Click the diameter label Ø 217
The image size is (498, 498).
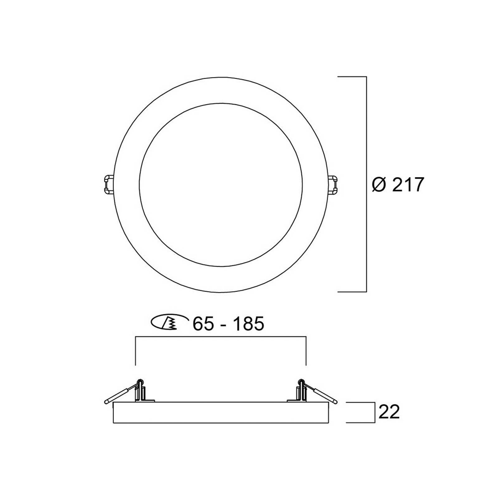click(x=398, y=185)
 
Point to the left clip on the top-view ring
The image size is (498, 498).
click(x=108, y=184)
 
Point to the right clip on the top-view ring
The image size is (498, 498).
click(x=334, y=184)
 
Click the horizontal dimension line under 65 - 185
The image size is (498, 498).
click(x=221, y=336)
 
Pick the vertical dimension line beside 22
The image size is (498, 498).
click(x=374, y=412)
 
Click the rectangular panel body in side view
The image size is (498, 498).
click(x=221, y=412)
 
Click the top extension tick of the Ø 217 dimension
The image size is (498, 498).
click(x=352, y=77)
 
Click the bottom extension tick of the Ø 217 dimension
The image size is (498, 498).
click(x=352, y=292)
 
